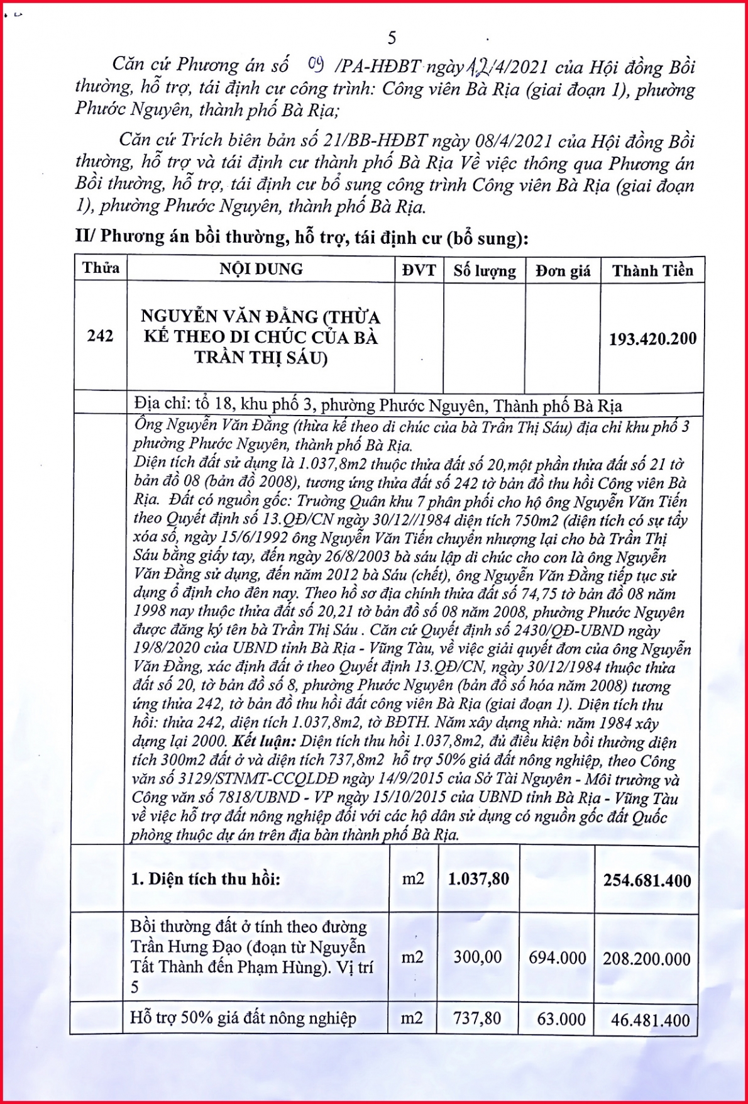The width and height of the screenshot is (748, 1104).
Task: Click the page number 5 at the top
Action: (x=392, y=38)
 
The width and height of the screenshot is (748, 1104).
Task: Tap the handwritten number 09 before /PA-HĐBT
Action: (x=316, y=63)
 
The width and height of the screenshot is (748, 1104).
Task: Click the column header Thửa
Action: (x=101, y=268)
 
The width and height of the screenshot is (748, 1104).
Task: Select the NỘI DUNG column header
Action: (x=261, y=269)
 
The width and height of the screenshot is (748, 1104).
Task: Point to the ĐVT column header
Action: (x=419, y=270)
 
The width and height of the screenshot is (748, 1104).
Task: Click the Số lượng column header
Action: (x=485, y=271)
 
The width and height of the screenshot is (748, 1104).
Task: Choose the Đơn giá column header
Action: (x=563, y=271)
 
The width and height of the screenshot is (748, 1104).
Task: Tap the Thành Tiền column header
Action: (x=652, y=271)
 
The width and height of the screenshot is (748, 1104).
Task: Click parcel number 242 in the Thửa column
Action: (x=100, y=336)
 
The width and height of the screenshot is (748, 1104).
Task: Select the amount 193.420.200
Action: (x=652, y=339)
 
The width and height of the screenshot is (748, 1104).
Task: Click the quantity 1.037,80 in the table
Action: (x=478, y=879)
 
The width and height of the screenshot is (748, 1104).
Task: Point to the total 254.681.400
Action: (x=647, y=880)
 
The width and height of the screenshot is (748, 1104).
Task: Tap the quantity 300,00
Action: (x=478, y=958)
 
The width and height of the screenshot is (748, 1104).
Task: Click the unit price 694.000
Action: (x=557, y=958)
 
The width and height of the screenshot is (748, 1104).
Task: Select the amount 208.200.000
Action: (x=646, y=959)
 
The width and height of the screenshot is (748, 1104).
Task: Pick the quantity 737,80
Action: (x=477, y=1018)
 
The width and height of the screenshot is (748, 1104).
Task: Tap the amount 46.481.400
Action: (x=650, y=1020)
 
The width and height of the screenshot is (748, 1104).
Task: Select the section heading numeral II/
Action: (x=85, y=236)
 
